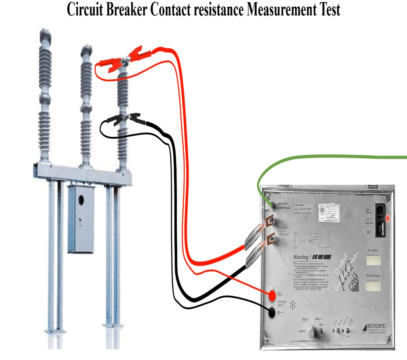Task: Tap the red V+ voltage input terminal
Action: (x=272, y=295)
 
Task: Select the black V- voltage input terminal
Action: (x=272, y=313)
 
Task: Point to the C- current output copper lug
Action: (x=271, y=239)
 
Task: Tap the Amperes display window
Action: (x=372, y=260)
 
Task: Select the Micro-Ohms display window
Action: (x=372, y=286)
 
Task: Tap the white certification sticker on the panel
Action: (x=328, y=212)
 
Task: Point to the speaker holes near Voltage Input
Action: (x=293, y=306)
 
